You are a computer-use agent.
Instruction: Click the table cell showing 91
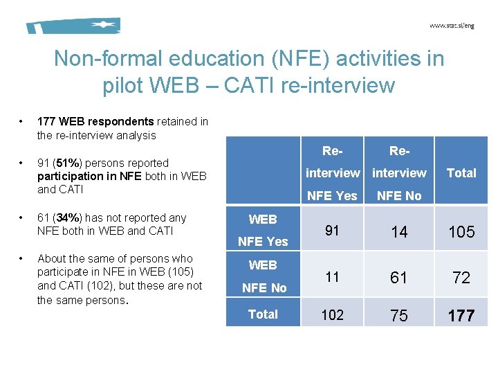tap(332, 231)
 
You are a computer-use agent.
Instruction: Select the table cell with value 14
tap(399, 232)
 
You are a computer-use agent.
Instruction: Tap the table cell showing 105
tap(461, 232)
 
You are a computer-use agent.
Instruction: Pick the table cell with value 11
tap(332, 277)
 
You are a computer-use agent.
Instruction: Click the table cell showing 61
tap(399, 278)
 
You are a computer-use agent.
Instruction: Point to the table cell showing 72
tap(461, 278)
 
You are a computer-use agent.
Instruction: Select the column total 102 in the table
tap(332, 315)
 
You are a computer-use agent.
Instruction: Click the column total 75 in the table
tap(399, 316)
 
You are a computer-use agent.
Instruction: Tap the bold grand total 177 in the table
tap(461, 317)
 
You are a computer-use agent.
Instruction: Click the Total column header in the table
tap(461, 173)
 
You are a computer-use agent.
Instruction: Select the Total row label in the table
tap(263, 314)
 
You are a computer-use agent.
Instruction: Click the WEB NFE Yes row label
tap(263, 231)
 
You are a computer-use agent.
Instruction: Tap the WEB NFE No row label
tap(263, 276)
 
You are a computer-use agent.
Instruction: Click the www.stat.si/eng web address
tap(452, 26)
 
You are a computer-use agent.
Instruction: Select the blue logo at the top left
tap(73, 26)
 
